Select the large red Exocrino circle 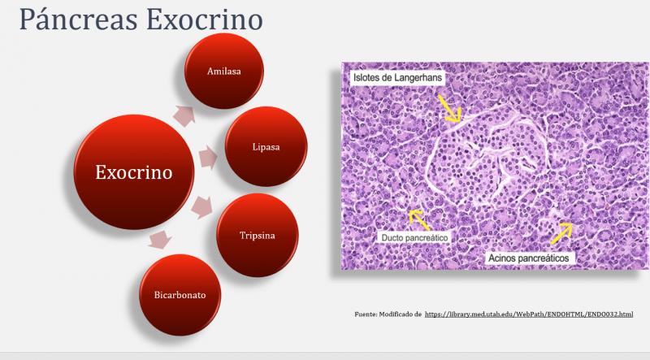133,172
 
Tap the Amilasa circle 223,72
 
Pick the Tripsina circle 257,235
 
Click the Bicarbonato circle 180,294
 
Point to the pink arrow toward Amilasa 184,116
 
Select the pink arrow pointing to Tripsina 201,208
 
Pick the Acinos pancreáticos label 531,258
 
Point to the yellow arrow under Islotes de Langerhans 448,108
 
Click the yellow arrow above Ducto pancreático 419,219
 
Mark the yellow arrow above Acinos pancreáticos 561,233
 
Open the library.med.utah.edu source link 529,314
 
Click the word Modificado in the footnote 399,314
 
